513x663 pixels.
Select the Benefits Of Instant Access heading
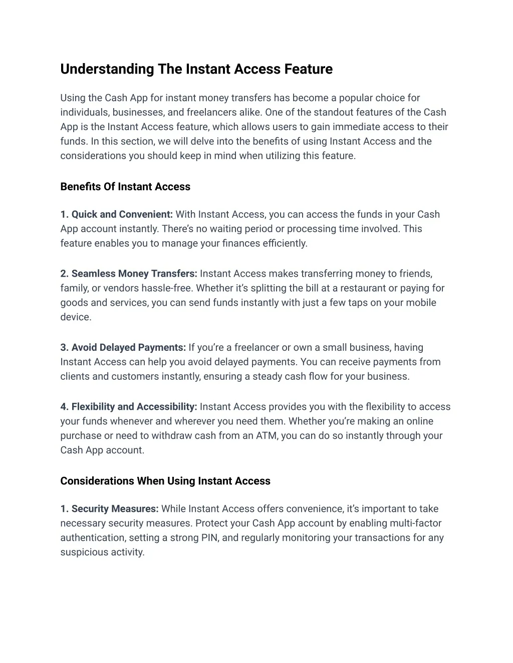coord(125,187)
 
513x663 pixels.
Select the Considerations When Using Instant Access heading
coord(165,481)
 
